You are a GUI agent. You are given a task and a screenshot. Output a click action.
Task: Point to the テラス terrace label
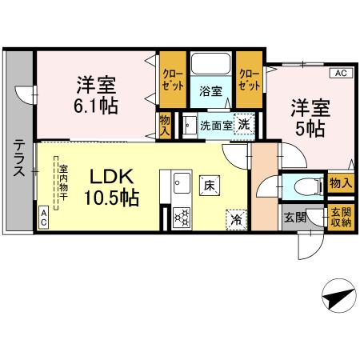(x=17, y=158)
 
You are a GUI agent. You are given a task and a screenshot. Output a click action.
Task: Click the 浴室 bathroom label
(x=210, y=90)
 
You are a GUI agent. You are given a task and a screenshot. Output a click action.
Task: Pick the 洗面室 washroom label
(x=215, y=125)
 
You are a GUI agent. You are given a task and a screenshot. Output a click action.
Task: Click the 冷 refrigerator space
(x=236, y=216)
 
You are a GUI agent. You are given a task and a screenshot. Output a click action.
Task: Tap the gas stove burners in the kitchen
(x=181, y=216)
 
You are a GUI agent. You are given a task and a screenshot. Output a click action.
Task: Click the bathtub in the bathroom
(x=210, y=65)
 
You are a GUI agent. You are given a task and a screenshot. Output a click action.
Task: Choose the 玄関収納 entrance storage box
(x=341, y=218)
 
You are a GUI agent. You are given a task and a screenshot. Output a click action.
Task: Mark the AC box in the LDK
(x=43, y=216)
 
